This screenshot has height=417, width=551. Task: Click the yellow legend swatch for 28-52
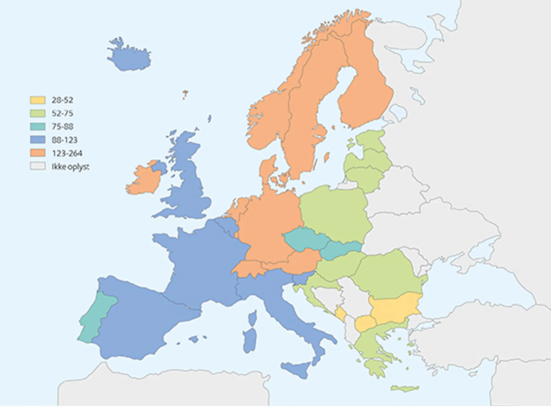[37, 100]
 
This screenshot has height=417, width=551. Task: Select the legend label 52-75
[63, 113]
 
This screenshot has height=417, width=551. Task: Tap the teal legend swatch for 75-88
[37, 127]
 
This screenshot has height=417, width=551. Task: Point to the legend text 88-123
[64, 140]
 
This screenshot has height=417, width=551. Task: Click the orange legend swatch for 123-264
[37, 153]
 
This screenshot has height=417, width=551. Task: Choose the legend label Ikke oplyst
[70, 167]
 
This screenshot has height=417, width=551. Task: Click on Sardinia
[250, 341]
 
